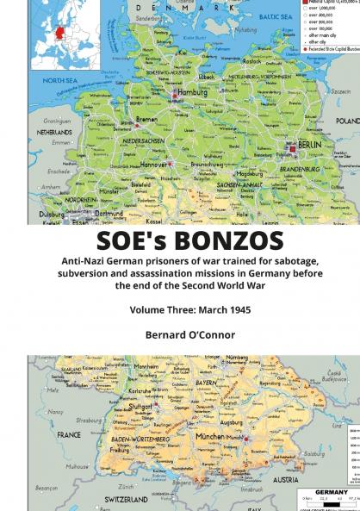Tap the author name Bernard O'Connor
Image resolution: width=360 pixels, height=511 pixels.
click(x=180, y=334)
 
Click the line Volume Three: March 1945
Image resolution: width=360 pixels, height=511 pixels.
click(x=180, y=308)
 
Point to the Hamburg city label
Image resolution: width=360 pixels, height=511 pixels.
click(x=192, y=91)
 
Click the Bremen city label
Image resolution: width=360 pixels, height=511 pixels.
click(x=146, y=120)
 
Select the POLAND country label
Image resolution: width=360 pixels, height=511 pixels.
click(x=347, y=122)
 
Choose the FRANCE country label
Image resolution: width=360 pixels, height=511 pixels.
click(x=68, y=435)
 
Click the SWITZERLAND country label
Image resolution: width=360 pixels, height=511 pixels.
click(x=127, y=498)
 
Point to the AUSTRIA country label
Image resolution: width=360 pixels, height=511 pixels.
click(x=284, y=479)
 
